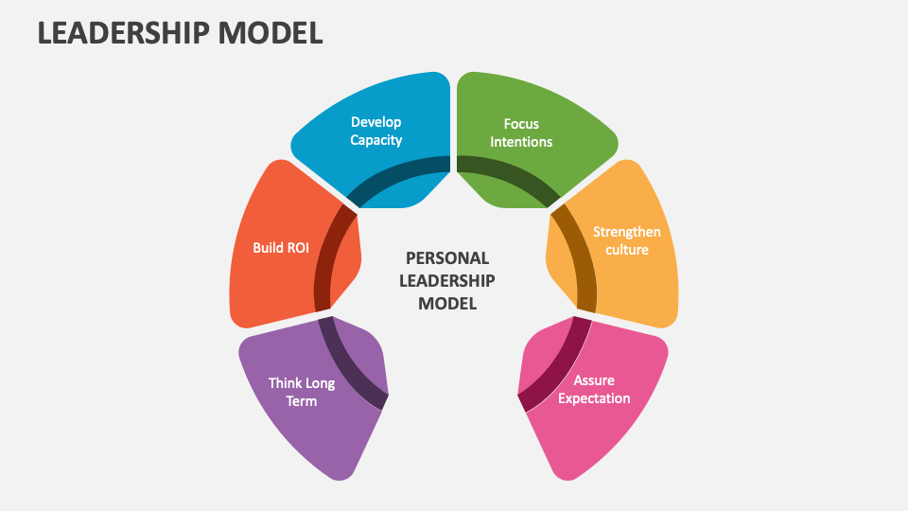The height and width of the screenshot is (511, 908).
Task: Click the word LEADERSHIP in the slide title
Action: pyautogui.click(x=122, y=31)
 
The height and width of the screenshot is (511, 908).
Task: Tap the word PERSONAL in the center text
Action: pyautogui.click(x=446, y=258)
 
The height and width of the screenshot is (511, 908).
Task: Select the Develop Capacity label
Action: pyautogui.click(x=375, y=132)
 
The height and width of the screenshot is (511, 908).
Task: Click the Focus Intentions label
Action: pyautogui.click(x=521, y=132)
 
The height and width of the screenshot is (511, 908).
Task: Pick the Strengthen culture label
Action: pyautogui.click(x=626, y=240)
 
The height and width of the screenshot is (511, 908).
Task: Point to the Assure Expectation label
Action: pyautogui.click(x=594, y=390)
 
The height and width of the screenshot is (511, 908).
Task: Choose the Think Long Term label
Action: pyautogui.click(x=302, y=392)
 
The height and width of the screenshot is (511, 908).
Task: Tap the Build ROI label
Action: pyautogui.click(x=281, y=248)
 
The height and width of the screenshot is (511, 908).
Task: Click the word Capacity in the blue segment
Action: pyautogui.click(x=375, y=140)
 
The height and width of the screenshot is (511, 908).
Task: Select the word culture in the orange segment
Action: pyautogui.click(x=626, y=250)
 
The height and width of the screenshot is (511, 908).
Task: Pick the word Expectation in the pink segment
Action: pyautogui.click(x=594, y=398)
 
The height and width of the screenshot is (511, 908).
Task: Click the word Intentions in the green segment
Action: pyautogui.click(x=521, y=142)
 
